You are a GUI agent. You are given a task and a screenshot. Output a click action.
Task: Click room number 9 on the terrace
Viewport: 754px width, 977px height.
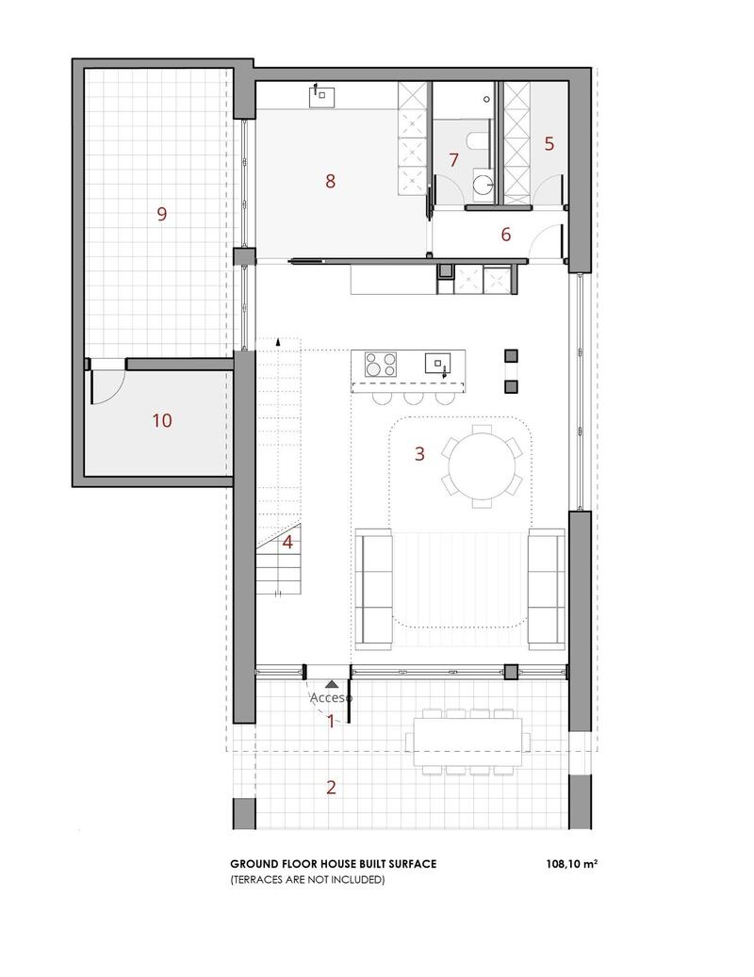coord(162,214)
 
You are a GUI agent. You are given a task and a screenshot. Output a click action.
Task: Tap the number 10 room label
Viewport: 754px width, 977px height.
coord(162,420)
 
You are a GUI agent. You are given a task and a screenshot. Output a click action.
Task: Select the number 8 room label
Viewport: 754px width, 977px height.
coord(330,181)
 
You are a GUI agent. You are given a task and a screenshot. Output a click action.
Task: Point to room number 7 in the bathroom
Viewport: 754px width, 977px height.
coord(453,160)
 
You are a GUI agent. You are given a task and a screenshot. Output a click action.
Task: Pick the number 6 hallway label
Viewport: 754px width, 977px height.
coord(506,235)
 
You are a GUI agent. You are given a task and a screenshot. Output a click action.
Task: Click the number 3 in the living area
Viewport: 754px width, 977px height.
coord(419,453)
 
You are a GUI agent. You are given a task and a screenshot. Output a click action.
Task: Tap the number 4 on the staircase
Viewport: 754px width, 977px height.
coord(287,542)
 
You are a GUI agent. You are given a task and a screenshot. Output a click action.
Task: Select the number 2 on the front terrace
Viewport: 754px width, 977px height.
coord(331,788)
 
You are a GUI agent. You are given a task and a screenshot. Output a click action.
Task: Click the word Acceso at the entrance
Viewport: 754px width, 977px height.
coord(332,698)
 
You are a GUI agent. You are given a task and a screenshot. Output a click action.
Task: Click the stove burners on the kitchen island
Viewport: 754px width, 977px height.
coord(380,363)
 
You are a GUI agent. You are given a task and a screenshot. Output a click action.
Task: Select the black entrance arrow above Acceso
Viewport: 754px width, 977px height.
coord(331,683)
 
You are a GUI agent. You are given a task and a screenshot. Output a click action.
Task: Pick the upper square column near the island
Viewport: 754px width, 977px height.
coord(512,355)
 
